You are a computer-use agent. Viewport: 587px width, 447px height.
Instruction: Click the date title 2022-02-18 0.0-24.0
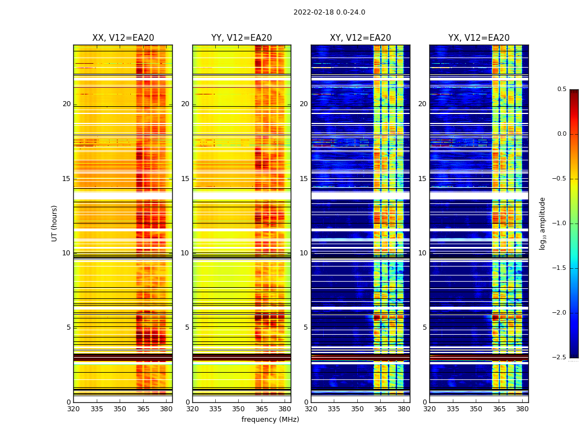click(x=329, y=12)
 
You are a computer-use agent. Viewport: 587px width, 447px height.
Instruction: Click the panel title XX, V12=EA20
click(x=123, y=38)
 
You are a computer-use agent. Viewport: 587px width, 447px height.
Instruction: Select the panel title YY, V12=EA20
click(x=242, y=38)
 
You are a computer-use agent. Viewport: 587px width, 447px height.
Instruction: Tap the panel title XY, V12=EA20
click(x=360, y=38)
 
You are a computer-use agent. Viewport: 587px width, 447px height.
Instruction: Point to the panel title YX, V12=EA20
click(x=479, y=38)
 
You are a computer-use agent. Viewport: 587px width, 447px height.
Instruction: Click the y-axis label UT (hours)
click(x=54, y=223)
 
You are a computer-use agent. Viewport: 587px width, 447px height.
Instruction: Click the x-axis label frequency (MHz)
click(x=270, y=420)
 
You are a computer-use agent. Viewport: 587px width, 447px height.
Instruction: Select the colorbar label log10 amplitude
click(x=542, y=223)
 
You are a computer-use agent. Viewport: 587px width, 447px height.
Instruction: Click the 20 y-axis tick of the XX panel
click(x=67, y=104)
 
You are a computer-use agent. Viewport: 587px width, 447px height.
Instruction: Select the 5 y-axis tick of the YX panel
click(x=424, y=327)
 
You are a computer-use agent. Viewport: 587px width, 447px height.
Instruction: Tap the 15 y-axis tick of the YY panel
click(x=185, y=179)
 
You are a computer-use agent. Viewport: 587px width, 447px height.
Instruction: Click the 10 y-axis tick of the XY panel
click(x=304, y=253)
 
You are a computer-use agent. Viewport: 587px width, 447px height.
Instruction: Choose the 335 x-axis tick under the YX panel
click(x=452, y=409)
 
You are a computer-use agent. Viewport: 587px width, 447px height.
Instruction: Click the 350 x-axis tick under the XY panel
click(x=357, y=409)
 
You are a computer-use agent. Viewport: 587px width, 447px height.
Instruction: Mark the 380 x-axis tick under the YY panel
click(x=285, y=409)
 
